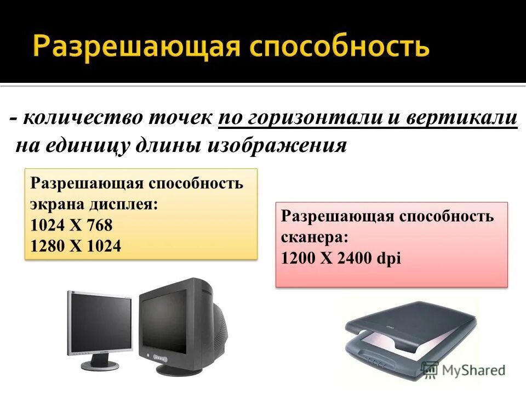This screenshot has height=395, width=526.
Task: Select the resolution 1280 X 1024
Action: click(x=76, y=246)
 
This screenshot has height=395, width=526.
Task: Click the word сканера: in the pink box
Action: click(x=315, y=238)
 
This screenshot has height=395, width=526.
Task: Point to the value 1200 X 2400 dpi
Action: click(x=341, y=258)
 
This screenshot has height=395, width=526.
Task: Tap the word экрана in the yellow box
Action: click(x=53, y=205)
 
